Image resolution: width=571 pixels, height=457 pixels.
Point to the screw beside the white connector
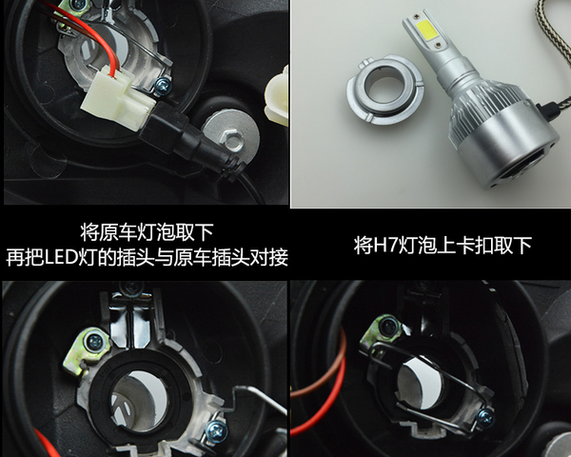coord(163,86)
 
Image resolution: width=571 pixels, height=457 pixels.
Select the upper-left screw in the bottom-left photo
coord(95,342)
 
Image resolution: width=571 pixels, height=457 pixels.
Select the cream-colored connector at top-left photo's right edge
coord(278,96)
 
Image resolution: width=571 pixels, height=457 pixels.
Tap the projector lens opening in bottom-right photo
coord(420,383)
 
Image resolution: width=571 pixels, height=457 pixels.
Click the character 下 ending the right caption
coord(522,245)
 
